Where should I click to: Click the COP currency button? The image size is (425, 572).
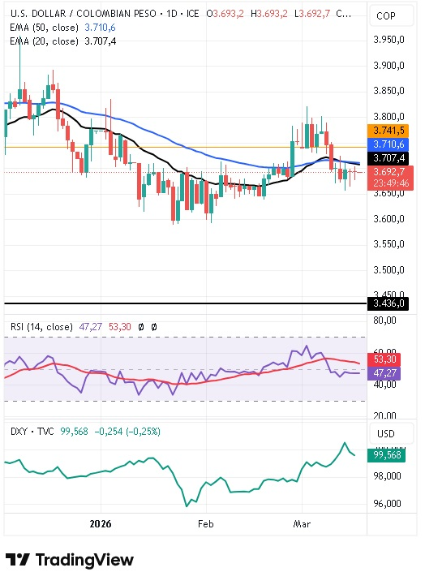pyautogui.click(x=386, y=16)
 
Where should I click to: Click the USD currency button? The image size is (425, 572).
pyautogui.click(x=386, y=433)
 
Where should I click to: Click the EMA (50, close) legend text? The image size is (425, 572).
pyautogui.click(x=45, y=27)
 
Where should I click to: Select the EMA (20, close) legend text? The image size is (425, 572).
pyautogui.click(x=45, y=41)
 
